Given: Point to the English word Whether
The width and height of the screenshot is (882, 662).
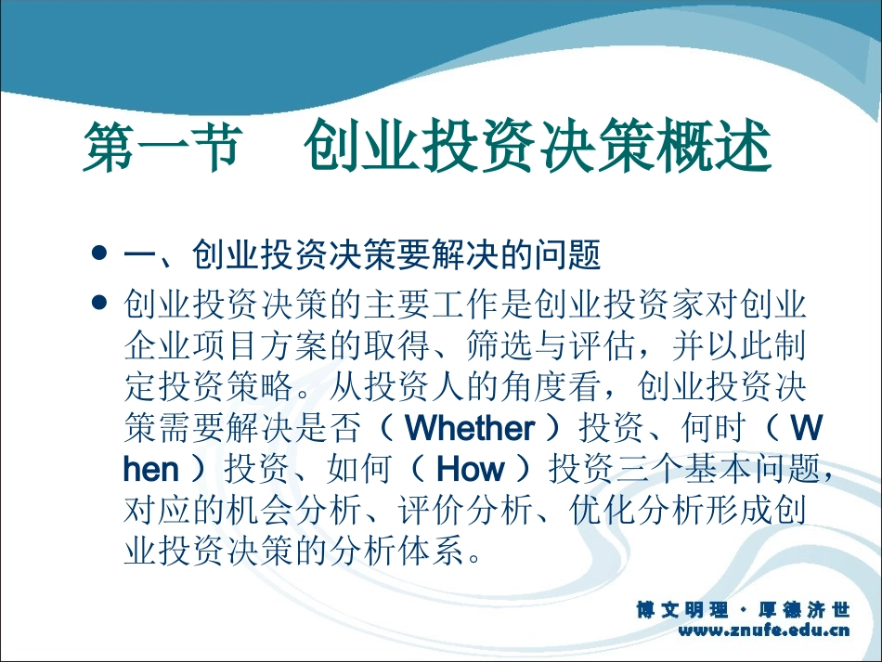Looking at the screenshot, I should tap(471, 428).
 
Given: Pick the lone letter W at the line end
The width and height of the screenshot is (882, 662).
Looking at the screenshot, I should tap(808, 428).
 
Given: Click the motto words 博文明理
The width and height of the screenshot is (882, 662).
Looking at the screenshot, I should tap(682, 610).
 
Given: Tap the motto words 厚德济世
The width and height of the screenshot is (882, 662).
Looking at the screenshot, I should tap(805, 610).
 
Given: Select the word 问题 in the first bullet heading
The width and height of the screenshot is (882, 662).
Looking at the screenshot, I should tap(573, 253).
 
